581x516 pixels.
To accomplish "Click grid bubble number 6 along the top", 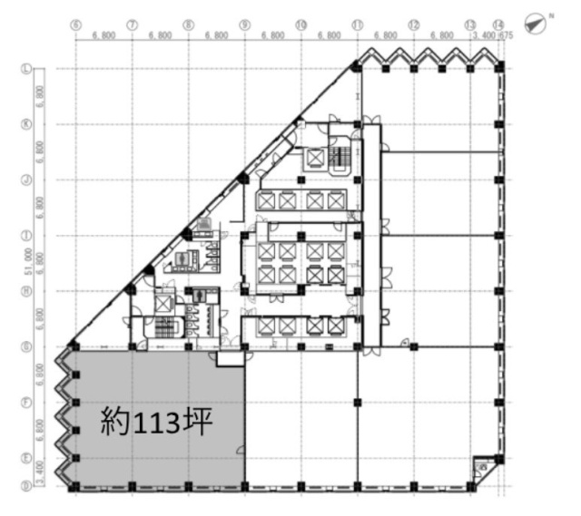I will pos(75,24).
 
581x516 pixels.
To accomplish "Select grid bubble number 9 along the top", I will pos(244,24).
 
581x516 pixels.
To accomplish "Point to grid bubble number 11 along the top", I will pos(358,24).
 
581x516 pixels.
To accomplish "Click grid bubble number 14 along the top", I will pos(498,24).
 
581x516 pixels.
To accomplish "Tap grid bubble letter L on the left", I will pos(27,68).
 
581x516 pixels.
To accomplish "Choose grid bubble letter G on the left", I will pos(27,346).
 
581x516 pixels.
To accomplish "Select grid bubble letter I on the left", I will pos(27,235).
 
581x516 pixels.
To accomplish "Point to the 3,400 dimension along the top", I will pos(484,36).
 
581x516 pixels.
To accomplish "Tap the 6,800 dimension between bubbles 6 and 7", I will pos(103,36).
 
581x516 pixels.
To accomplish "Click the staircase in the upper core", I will pos(342,158).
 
